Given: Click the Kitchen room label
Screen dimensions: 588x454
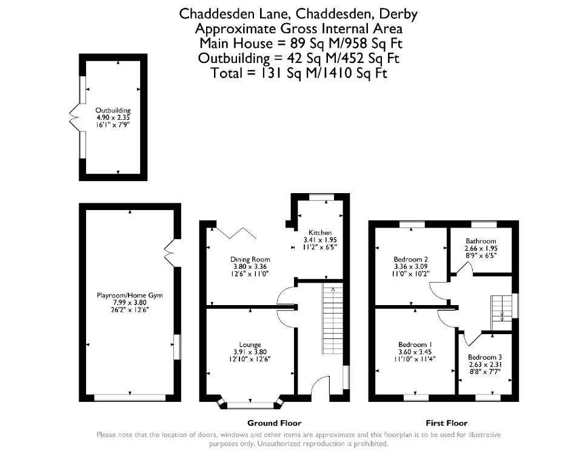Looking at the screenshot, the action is (320, 232).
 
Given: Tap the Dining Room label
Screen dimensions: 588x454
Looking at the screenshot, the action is (250, 259).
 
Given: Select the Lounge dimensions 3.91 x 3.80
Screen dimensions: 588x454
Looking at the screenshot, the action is (250, 352).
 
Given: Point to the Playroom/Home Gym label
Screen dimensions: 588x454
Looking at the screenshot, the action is (130, 295).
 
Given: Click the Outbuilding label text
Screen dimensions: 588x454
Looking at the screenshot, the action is (113, 111).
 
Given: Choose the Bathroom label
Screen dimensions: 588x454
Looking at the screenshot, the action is (481, 241).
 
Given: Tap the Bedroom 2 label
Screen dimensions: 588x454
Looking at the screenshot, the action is (411, 259).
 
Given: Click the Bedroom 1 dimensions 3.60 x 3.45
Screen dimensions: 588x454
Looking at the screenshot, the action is (415, 352).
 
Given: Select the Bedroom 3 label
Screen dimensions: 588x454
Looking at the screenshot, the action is (485, 357).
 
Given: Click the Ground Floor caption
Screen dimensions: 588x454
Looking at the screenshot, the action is (274, 423).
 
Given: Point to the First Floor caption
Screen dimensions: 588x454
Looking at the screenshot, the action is (446, 423).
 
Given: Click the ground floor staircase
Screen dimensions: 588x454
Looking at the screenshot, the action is (332, 318).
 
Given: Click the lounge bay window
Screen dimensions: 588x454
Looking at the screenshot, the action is (250, 404).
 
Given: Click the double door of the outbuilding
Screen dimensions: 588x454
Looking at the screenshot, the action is (73, 117).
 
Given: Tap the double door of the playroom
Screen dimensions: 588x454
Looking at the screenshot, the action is (170, 253).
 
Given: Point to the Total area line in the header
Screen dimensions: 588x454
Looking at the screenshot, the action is (298, 73).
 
